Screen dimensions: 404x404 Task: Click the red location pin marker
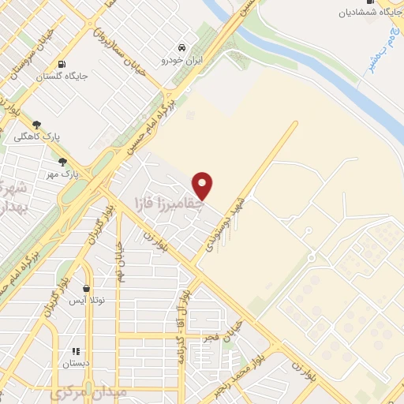point(204,185)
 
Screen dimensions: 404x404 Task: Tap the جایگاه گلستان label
point(61,77)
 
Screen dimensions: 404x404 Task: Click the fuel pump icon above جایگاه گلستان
point(61,64)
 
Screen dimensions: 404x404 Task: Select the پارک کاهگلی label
point(36,137)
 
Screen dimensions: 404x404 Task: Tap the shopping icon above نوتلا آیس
point(87,290)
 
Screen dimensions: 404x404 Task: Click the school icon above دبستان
point(76,352)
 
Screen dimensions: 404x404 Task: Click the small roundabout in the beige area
point(312,257)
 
